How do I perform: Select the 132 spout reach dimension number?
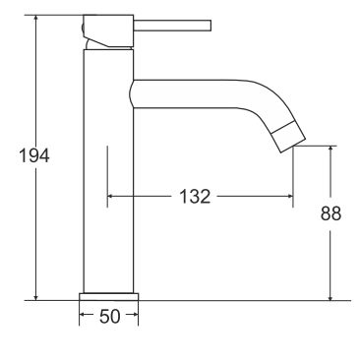pos(195,197)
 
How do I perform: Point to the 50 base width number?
pos(108,317)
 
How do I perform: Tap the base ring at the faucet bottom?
pos(108,295)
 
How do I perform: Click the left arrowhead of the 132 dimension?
pos(111,197)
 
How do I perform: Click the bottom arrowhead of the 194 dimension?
pos(36,294)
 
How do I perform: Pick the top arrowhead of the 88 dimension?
pos(330,151)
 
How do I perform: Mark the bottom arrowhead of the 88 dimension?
pos(330,294)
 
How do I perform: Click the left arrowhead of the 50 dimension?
pos(83,317)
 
